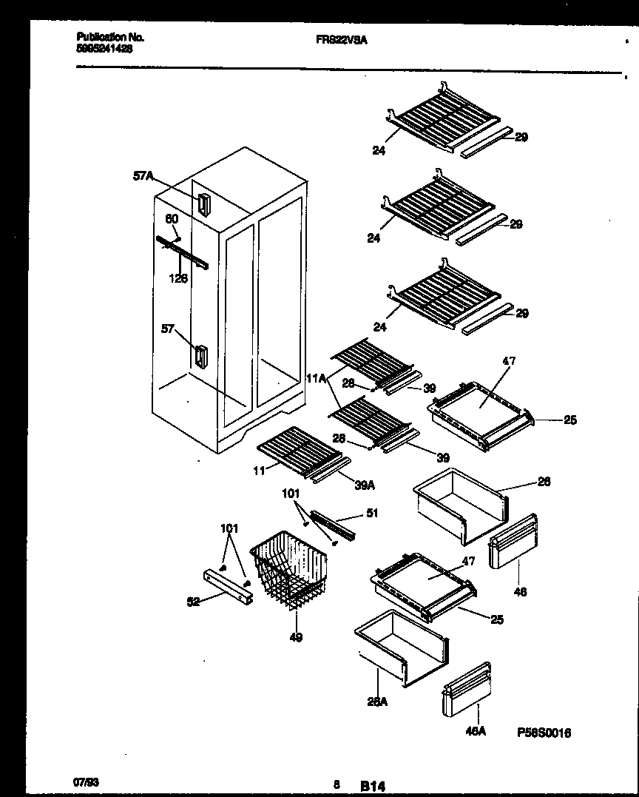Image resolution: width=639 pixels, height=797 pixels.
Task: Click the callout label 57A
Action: point(143,176)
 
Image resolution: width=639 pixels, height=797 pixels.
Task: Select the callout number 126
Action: point(178,278)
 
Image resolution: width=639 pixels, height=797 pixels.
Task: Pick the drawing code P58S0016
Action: point(544,733)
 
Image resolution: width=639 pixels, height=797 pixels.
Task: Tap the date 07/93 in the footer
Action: point(86,781)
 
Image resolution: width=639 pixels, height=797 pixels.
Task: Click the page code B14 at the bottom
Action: point(373,787)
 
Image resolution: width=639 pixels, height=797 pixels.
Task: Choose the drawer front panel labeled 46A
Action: point(467,690)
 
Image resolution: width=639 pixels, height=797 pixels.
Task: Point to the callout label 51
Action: point(372,513)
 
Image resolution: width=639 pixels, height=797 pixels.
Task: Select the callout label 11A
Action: point(315,378)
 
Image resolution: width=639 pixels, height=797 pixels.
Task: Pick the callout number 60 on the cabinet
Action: point(171,219)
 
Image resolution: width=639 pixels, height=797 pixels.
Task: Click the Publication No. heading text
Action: point(110,36)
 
